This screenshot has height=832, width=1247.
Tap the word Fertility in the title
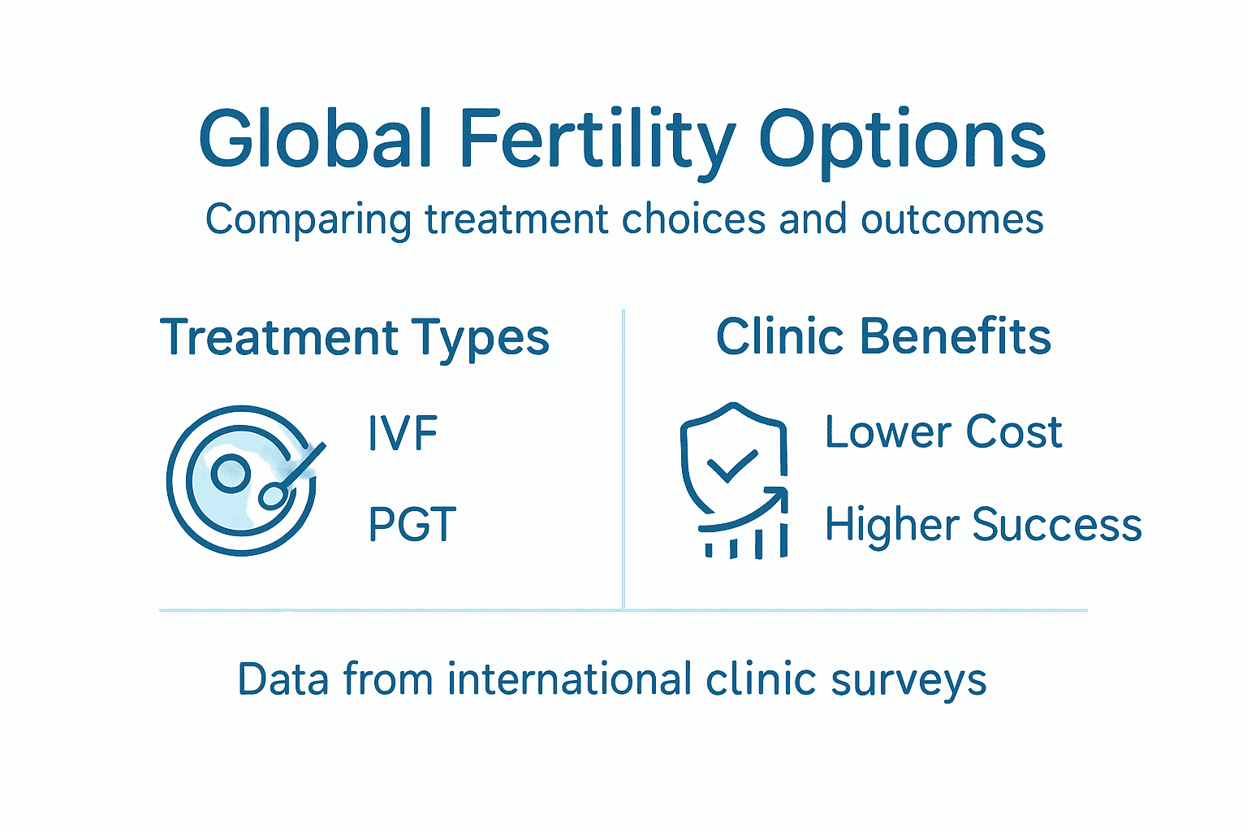[x=598, y=140]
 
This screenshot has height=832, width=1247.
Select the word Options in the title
[x=902, y=140]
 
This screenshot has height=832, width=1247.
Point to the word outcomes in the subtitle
[x=952, y=220]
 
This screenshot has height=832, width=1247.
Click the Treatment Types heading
[x=355, y=338]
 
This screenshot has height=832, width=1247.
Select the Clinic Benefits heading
[x=883, y=336]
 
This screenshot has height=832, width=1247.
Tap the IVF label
[x=403, y=433]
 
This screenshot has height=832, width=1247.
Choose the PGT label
[x=412, y=524]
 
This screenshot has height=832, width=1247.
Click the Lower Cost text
[x=943, y=431]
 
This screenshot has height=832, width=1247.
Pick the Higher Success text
[x=983, y=524]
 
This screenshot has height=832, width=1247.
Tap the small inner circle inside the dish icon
[x=231, y=473]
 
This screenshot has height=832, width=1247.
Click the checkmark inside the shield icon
[x=732, y=466]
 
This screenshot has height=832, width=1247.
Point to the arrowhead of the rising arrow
[x=779, y=495]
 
